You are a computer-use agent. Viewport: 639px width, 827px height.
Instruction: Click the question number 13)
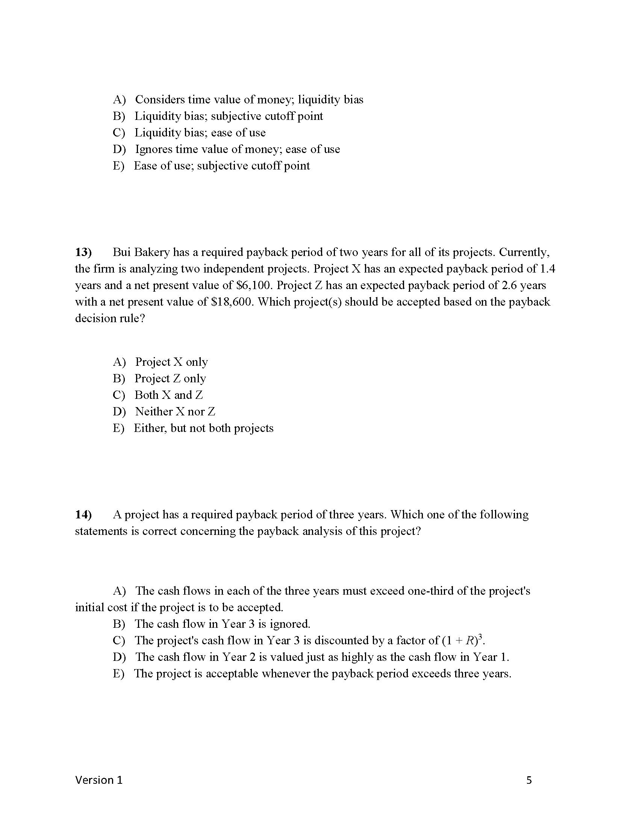pyautogui.click(x=83, y=252)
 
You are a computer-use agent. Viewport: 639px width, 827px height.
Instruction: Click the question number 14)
pyautogui.click(x=83, y=515)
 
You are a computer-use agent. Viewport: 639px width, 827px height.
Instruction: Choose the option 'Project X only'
pyautogui.click(x=171, y=362)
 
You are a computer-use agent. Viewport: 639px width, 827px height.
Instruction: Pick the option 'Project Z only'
pyautogui.click(x=170, y=379)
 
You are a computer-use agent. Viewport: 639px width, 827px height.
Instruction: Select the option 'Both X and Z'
pyautogui.click(x=168, y=395)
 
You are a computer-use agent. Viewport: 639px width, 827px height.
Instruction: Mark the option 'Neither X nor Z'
pyautogui.click(x=175, y=412)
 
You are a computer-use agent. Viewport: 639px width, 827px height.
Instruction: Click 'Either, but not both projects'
pyautogui.click(x=203, y=428)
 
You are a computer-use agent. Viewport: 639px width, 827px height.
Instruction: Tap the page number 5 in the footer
pyautogui.click(x=529, y=780)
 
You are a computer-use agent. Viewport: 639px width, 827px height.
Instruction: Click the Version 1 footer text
pyautogui.click(x=99, y=780)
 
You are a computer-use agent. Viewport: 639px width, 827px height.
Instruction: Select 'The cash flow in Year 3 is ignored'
pyautogui.click(x=222, y=624)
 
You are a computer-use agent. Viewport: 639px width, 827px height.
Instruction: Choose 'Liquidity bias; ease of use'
pyautogui.click(x=200, y=133)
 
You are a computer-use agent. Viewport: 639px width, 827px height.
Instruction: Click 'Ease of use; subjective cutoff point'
pyautogui.click(x=221, y=166)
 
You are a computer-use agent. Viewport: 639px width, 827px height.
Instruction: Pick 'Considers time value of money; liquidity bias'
pyautogui.click(x=249, y=100)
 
